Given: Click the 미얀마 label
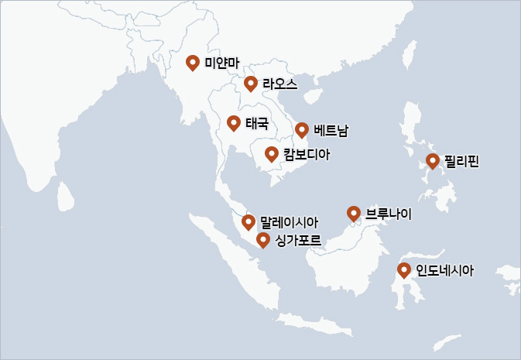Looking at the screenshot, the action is pyautogui.click(x=222, y=63).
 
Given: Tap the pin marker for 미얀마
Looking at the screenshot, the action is pyautogui.click(x=193, y=62).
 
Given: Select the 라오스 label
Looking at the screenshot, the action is pyautogui.click(x=279, y=84).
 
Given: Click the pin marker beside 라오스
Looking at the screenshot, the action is pyautogui.click(x=250, y=83).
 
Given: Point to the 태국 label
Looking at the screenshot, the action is pyautogui.click(x=257, y=123).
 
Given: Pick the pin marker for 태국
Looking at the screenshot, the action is pyautogui.click(x=233, y=122).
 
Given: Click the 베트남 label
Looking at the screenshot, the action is pyautogui.click(x=331, y=130).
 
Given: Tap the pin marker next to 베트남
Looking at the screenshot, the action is pyautogui.click(x=302, y=129).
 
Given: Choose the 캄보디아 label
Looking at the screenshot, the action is pyautogui.click(x=306, y=154).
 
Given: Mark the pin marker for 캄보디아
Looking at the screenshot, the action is pyautogui.click(x=272, y=153).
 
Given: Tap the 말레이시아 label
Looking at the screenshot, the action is pyautogui.click(x=289, y=223).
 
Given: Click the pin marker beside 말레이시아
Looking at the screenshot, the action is pyautogui.click(x=249, y=222).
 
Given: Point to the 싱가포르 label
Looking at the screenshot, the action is pyautogui.click(x=297, y=241).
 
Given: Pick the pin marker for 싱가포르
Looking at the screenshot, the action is pyautogui.click(x=263, y=240).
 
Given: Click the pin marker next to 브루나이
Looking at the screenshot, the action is pyautogui.click(x=354, y=213).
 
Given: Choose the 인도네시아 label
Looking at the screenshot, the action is pyautogui.click(x=444, y=271).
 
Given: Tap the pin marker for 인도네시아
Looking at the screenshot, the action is pyautogui.click(x=404, y=270).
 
